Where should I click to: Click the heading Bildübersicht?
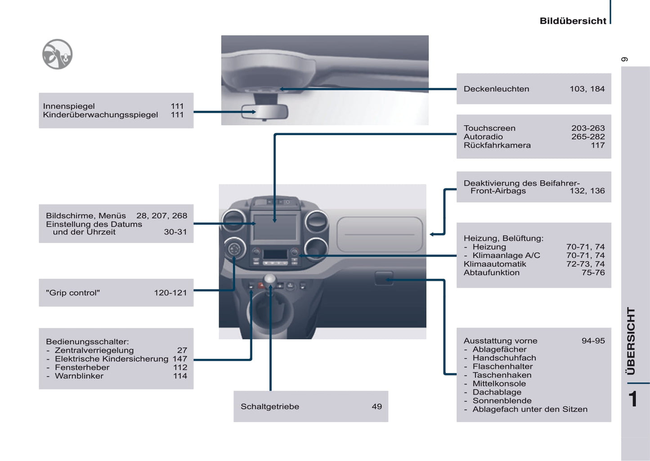click(x=573, y=21)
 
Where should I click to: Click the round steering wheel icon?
click(x=57, y=54)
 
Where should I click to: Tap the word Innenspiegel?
click(x=69, y=106)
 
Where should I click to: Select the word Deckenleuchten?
click(x=496, y=89)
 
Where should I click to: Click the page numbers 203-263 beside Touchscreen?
click(x=587, y=129)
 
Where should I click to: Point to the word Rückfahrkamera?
click(x=497, y=146)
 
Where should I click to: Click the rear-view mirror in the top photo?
click(x=264, y=111)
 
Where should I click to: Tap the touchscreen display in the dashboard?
click(x=275, y=227)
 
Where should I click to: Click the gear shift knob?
click(x=270, y=279)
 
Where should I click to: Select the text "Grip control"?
click(x=73, y=293)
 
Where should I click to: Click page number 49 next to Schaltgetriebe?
click(x=377, y=407)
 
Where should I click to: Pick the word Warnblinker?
click(x=79, y=376)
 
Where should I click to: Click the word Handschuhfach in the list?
click(x=504, y=358)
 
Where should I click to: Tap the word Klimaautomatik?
click(x=495, y=264)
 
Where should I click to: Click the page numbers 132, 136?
click(x=587, y=191)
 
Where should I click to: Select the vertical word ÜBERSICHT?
click(x=631, y=341)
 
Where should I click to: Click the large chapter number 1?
click(x=633, y=399)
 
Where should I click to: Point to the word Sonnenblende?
click(x=502, y=401)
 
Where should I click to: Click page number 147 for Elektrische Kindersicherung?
click(x=179, y=359)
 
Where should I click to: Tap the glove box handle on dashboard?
click(x=383, y=278)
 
